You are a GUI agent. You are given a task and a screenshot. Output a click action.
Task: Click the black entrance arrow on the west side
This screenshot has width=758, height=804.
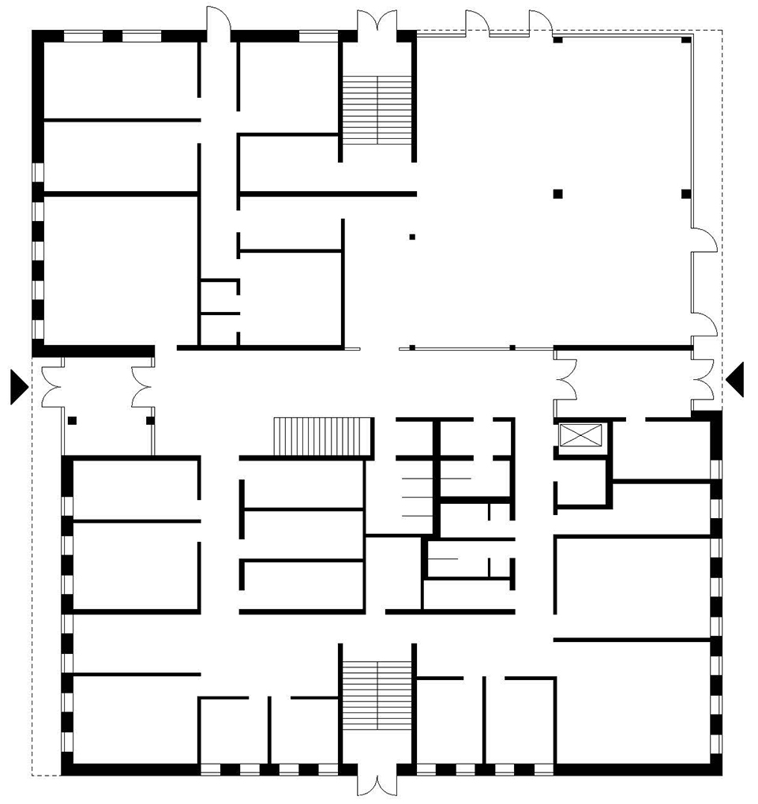18,386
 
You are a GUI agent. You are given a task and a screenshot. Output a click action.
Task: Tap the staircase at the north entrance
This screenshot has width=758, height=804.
377,110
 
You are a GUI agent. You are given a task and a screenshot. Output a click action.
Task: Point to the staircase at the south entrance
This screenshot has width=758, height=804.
377,696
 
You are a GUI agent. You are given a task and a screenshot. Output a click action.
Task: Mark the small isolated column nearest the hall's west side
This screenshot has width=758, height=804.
411,237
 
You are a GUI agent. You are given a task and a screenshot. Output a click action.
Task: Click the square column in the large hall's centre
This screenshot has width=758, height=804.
557,193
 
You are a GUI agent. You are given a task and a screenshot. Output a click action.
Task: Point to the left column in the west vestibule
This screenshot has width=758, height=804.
72,420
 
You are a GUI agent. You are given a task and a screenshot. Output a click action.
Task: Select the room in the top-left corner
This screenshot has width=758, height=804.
119,79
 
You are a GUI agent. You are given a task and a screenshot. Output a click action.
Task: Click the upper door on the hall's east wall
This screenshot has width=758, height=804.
704,240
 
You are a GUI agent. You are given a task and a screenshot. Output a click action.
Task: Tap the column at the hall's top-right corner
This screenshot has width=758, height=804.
687,39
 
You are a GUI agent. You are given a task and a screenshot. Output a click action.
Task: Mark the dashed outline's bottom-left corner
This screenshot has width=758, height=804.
32,775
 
